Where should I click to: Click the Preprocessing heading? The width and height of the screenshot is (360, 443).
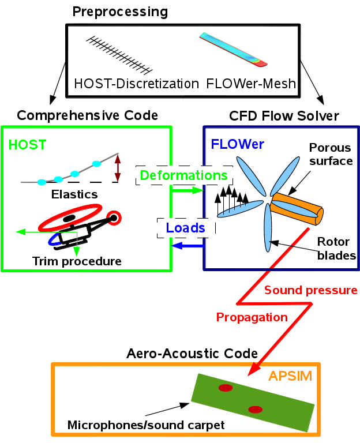coord(120,11)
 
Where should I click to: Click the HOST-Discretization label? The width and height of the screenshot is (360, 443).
coord(136,84)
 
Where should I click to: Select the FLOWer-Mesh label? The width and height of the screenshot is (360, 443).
coord(251,84)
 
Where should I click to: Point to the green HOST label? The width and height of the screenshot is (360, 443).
coord(27,145)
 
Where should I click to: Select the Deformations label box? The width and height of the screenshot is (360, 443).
coord(181,175)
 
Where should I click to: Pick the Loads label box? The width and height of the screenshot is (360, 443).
coord(186,228)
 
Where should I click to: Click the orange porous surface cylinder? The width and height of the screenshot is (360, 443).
coord(298,209)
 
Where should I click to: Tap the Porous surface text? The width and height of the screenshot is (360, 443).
coord(331,154)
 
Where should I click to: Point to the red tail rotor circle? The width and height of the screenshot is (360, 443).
coord(115,217)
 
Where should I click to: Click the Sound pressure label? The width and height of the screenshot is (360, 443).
coord(311,290)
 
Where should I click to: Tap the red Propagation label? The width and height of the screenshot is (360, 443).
coord(252,317)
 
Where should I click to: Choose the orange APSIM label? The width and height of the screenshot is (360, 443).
coord(290,377)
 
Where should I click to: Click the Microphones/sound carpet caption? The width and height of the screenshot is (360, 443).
coord(145,426)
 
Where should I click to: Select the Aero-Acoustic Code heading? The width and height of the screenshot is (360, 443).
coord(192,352)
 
